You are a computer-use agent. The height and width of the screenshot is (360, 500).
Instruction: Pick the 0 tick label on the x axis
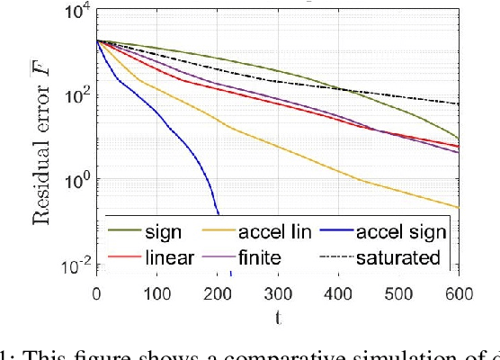[x=96, y=293]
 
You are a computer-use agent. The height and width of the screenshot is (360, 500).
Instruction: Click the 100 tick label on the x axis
[x=156, y=293]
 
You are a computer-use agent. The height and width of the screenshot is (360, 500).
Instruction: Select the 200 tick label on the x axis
[x=217, y=293]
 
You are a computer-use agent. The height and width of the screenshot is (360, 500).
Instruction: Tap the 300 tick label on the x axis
[x=277, y=293]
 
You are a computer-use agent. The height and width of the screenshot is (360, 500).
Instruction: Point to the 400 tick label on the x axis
[x=337, y=293]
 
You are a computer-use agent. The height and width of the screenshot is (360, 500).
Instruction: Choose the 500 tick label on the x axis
[x=397, y=293]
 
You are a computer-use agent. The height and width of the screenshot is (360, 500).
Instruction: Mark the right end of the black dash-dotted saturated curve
[x=458, y=104]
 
